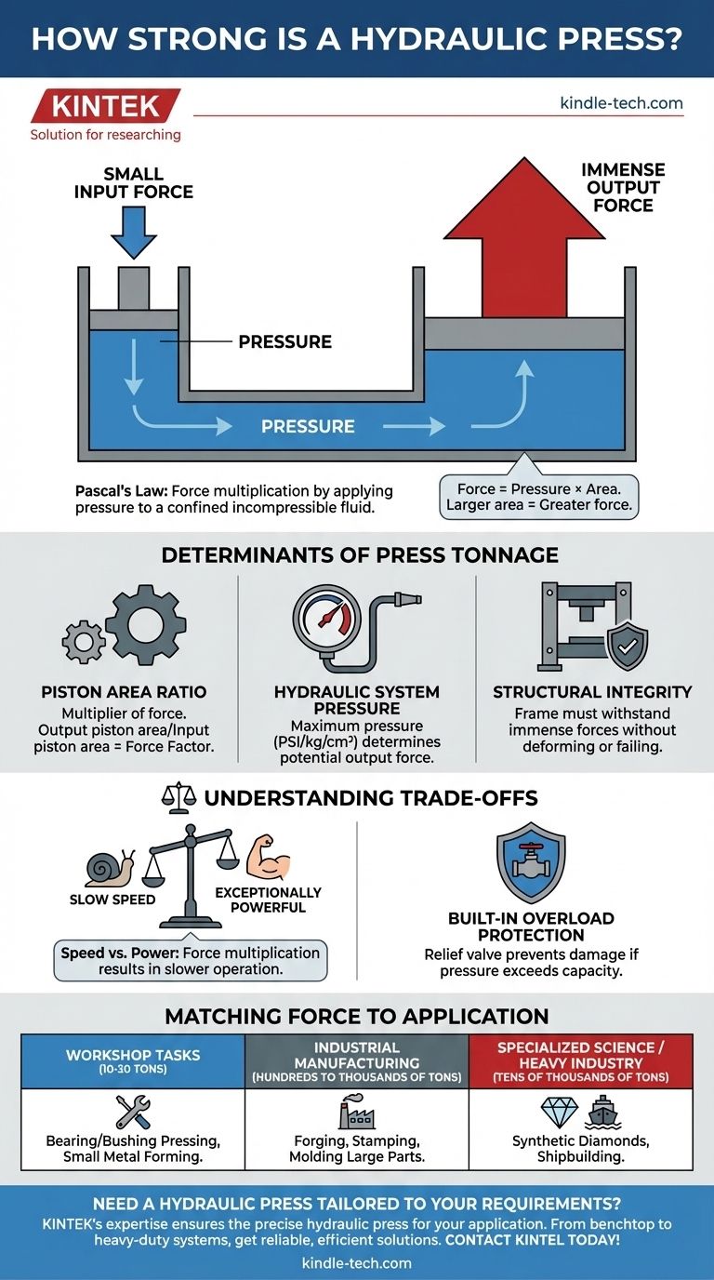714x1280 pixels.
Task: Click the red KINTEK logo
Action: point(104,106)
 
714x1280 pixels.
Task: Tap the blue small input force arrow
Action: point(133,232)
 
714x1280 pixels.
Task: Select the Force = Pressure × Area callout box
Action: point(538,498)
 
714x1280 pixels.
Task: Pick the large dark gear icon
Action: point(145,624)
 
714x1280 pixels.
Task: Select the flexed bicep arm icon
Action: point(269,860)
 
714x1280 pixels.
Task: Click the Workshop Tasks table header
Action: point(132,1061)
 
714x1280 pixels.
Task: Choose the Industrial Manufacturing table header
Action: point(356,1061)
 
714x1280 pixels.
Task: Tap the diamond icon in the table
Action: point(558,1112)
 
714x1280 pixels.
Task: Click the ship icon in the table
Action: point(604,1113)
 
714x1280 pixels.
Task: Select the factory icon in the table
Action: point(356,1113)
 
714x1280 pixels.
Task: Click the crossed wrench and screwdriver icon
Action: point(132,1113)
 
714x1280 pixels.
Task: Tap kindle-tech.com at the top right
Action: point(621,103)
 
